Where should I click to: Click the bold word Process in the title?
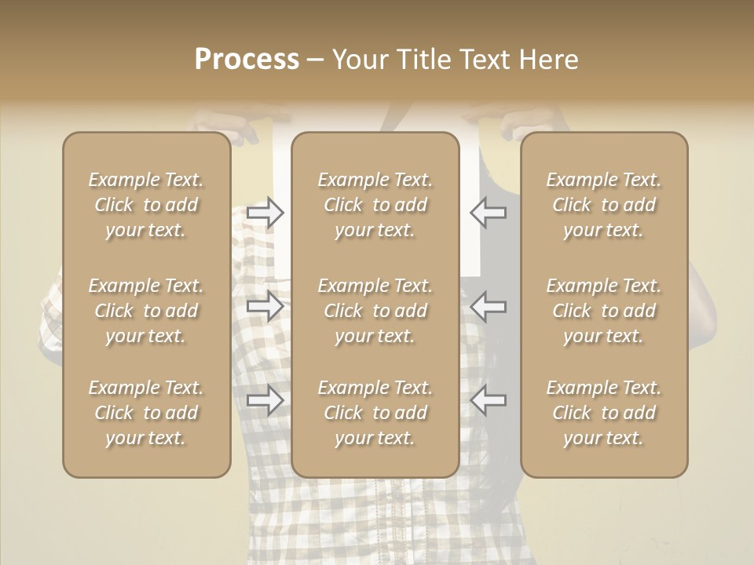coord(247,60)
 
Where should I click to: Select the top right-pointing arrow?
coord(265,213)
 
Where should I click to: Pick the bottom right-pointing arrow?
coord(265,401)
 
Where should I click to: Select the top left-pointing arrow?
coord(488,213)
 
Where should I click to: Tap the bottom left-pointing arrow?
coord(488,401)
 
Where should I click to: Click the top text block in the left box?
coord(146,205)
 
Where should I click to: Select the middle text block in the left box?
coord(146,311)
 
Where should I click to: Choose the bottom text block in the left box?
coord(146,413)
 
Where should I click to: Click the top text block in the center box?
coord(375,205)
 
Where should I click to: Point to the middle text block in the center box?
coord(375,311)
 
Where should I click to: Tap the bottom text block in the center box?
coord(375,413)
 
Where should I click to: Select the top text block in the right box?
coord(604,205)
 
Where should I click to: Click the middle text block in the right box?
coord(604,311)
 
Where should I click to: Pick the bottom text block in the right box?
coord(604,413)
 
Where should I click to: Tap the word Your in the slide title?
coord(360,60)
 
